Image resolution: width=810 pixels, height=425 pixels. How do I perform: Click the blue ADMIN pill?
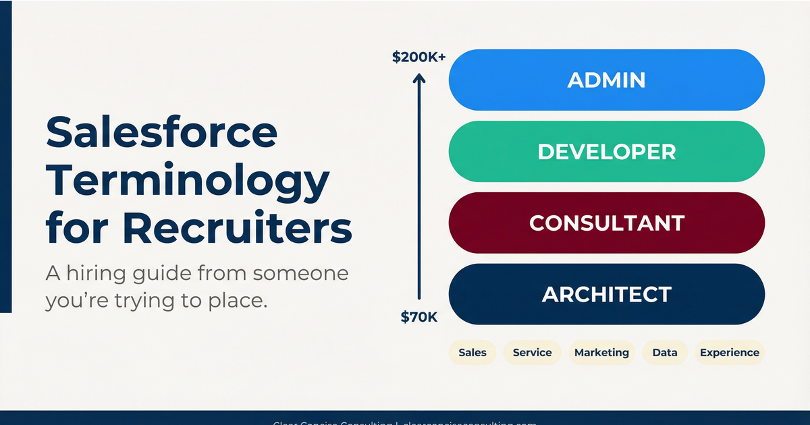[606, 80]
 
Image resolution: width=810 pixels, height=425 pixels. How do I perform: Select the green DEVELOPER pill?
[606, 152]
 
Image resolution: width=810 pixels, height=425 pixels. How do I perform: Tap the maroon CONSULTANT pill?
[606, 223]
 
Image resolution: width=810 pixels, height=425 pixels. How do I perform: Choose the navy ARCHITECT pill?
[606, 294]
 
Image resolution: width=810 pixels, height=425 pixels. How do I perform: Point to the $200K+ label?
[418, 58]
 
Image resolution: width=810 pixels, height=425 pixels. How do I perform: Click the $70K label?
[419, 316]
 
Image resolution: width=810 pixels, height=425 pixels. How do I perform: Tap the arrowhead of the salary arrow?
[419, 80]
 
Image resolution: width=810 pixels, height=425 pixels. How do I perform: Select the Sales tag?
[473, 353]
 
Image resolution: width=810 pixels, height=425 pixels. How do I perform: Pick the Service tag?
[532, 353]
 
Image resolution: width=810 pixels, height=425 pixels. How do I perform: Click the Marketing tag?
[601, 353]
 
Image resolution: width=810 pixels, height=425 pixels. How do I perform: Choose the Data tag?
[665, 353]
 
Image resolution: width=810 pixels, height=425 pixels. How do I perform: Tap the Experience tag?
[730, 353]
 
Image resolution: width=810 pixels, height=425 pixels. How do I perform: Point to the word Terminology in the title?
[188, 181]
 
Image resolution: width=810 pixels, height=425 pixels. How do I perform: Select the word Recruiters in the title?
[238, 229]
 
